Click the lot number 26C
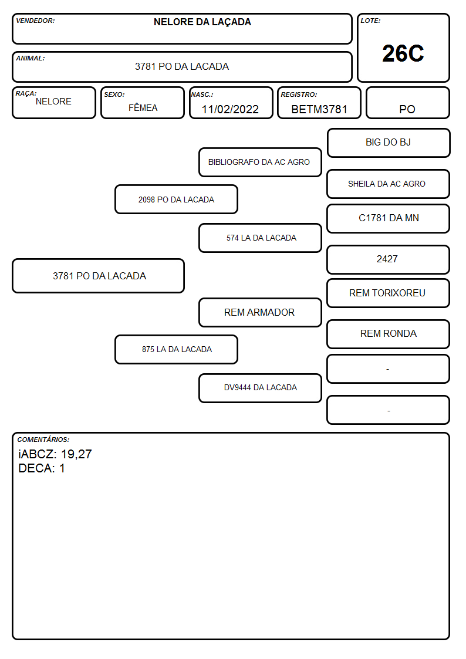(x=403, y=53)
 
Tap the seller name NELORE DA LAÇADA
(x=202, y=22)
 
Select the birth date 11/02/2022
(x=230, y=109)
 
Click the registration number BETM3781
(x=319, y=109)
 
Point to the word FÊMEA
(x=143, y=107)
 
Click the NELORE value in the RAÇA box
(x=53, y=102)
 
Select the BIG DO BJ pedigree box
(x=389, y=143)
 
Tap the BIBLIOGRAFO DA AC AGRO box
(x=260, y=162)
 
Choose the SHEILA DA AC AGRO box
(x=389, y=184)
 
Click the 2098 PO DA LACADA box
(x=177, y=199)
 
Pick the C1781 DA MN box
(x=389, y=218)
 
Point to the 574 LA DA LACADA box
(x=260, y=238)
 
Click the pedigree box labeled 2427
(x=389, y=259)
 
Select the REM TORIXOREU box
(x=389, y=293)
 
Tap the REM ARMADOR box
(x=260, y=312)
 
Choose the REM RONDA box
(x=389, y=334)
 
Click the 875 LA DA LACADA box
(x=177, y=349)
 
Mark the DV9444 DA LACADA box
(x=260, y=388)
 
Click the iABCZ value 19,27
(x=76, y=454)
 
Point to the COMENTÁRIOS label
(x=43, y=440)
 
